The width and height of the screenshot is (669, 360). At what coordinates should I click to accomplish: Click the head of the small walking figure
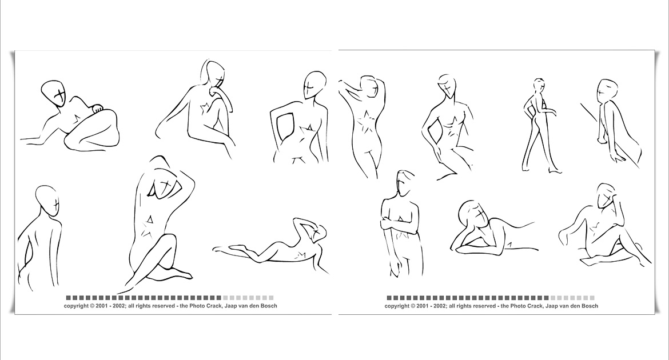click(539, 84)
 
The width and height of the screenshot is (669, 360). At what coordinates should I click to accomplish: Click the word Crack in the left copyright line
click(214, 306)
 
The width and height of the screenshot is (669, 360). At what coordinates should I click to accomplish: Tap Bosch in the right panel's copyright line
click(589, 306)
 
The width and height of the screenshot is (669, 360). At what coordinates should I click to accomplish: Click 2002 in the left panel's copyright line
click(118, 306)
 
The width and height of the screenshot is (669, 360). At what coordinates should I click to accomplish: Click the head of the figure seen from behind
click(46, 201)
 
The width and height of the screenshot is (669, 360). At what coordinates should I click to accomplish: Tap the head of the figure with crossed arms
click(405, 183)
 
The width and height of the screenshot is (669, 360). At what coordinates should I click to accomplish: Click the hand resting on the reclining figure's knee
click(98, 109)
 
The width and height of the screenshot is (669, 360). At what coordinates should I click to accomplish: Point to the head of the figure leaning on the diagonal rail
click(607, 90)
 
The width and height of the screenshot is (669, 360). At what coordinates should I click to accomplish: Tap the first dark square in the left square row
click(68, 298)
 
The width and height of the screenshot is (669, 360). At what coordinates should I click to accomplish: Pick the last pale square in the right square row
click(592, 298)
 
